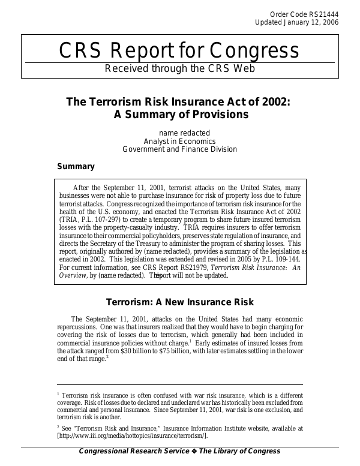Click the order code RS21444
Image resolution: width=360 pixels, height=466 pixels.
[325, 13]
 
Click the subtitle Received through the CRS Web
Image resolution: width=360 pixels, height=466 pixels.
[180, 68]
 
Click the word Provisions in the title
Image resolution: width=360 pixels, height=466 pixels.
[217, 115]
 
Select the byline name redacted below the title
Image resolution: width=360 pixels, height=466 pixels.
[184, 133]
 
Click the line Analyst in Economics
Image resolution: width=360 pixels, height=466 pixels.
[180, 141]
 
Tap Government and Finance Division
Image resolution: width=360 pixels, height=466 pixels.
[179, 149]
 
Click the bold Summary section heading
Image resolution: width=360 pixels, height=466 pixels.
[76, 166]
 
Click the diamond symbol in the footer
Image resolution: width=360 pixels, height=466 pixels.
[194, 451]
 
